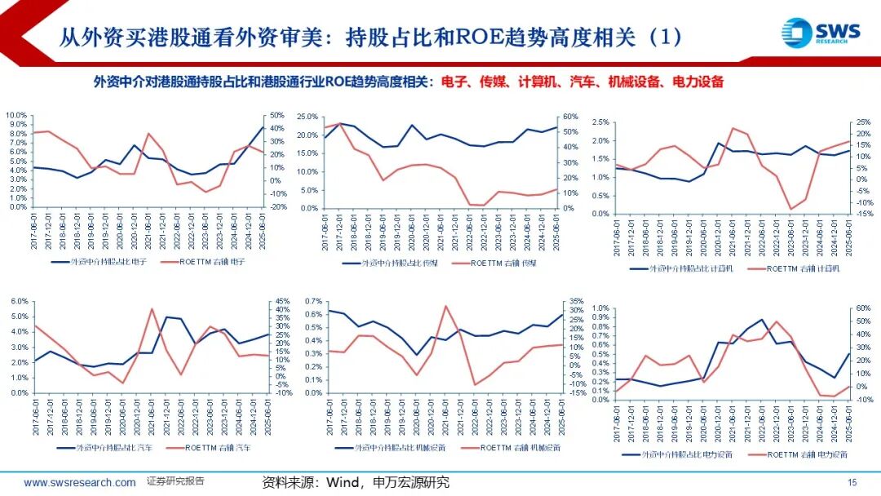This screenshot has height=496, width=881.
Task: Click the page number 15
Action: point(852,483)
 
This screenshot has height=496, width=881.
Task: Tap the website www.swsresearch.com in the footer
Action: point(80,483)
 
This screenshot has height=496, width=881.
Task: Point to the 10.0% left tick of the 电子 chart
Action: point(17,115)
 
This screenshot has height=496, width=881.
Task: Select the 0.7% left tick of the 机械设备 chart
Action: point(311,301)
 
